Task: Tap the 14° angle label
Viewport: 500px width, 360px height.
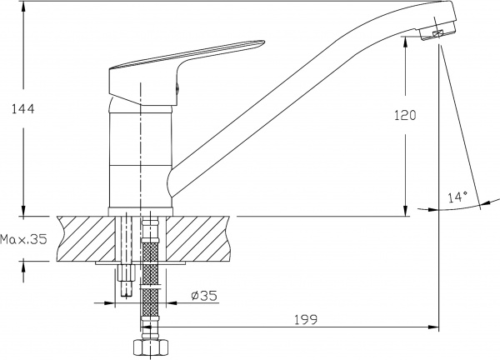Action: (457, 197)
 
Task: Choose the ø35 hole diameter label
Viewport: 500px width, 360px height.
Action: (203, 294)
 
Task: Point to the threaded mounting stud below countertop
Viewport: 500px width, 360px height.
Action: (127, 279)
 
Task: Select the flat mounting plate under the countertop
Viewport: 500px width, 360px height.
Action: (142, 262)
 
